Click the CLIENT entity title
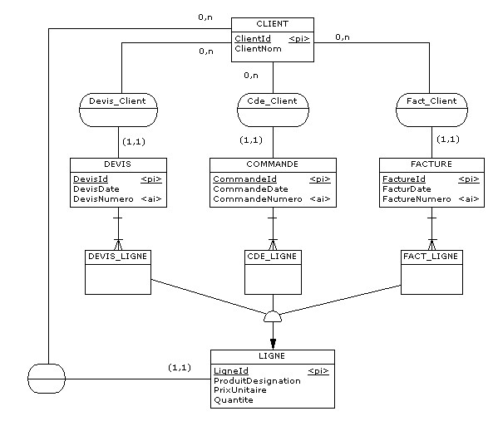[x=272, y=24]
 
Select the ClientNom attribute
[x=258, y=49]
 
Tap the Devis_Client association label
[x=117, y=101]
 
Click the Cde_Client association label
[x=272, y=101]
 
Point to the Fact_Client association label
[x=431, y=101]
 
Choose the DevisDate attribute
[x=96, y=189]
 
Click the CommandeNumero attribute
[x=257, y=199]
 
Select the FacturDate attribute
[x=407, y=189]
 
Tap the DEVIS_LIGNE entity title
[x=117, y=257]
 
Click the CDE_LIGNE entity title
[x=272, y=257]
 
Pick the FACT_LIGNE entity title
[x=431, y=257]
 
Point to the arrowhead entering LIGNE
[x=273, y=344]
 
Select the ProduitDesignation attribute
[x=257, y=381]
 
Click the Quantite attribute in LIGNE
[x=234, y=400]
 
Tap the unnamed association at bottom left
[x=47, y=379]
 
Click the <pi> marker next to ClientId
[x=299, y=39]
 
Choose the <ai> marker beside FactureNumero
[x=469, y=199]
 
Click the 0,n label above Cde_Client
[x=251, y=76]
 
